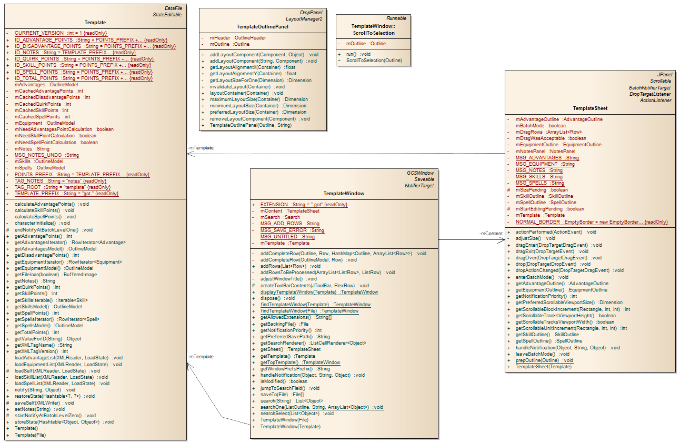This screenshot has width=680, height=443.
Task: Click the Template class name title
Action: (x=95, y=23)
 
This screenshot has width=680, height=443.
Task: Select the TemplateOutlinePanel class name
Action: (x=262, y=26)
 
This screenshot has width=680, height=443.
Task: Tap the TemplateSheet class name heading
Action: (x=590, y=108)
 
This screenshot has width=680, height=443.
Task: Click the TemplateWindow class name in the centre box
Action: (x=344, y=193)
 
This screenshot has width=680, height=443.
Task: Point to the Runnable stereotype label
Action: (x=396, y=18)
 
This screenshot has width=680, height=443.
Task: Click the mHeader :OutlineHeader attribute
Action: (x=238, y=38)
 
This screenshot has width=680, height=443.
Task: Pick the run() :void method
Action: (x=358, y=54)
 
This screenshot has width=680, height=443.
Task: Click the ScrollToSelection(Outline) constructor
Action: (x=374, y=61)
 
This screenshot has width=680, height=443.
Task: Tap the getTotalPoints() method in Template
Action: (x=37, y=333)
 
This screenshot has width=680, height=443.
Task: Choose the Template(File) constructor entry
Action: (x=30, y=435)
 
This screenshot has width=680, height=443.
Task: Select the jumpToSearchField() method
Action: (x=289, y=388)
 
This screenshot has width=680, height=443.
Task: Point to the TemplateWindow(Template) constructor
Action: (x=290, y=426)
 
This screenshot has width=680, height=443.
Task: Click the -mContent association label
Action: (x=491, y=233)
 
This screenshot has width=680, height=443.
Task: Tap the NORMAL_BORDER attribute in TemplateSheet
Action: (x=592, y=221)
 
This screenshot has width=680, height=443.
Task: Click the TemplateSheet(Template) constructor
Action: (x=543, y=367)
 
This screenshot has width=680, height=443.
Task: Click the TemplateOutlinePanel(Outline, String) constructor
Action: (x=251, y=125)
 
